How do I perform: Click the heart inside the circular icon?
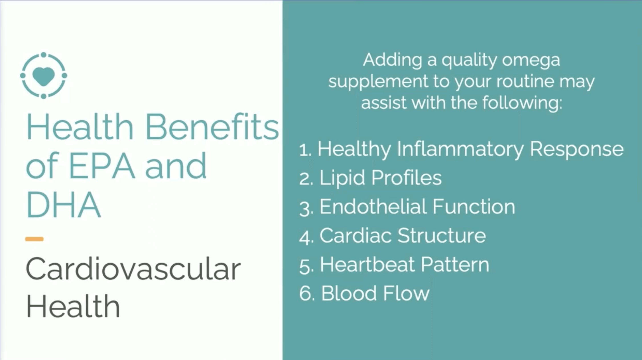pos(43,76)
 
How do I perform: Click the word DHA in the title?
pos(63,205)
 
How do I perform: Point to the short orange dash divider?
pos(34,239)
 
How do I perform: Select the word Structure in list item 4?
pos(442,236)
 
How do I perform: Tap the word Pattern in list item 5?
pos(455,264)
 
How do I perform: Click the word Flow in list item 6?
pos(406,293)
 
